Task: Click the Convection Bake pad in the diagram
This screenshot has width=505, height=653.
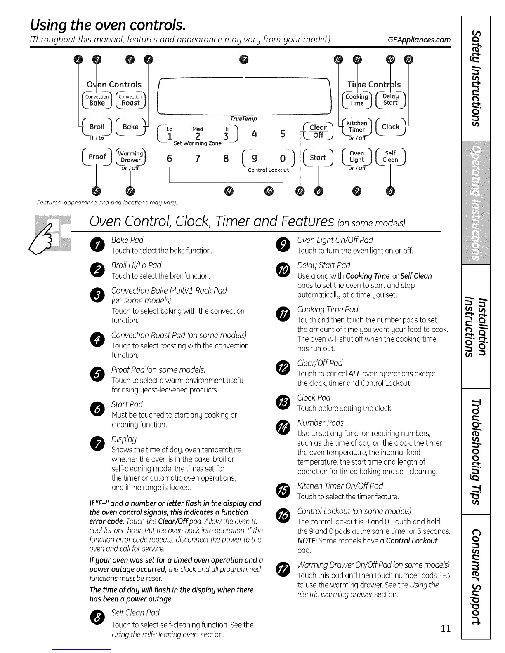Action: tap(97, 100)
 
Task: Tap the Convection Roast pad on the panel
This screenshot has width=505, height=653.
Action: tap(131, 100)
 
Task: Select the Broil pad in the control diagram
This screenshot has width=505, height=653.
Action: tap(97, 127)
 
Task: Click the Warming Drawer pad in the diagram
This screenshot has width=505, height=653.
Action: tap(131, 157)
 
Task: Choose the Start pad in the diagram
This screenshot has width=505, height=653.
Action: tap(318, 157)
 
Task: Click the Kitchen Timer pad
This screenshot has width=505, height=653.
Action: tap(357, 127)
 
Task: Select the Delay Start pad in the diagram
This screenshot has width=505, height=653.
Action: tap(390, 100)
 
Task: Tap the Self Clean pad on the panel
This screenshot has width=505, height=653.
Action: tap(390, 157)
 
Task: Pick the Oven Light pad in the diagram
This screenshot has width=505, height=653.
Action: tap(357, 157)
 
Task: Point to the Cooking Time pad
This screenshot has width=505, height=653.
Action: tap(357, 100)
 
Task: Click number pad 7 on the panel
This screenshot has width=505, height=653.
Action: tap(198, 158)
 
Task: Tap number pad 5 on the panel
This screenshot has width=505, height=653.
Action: tap(283, 134)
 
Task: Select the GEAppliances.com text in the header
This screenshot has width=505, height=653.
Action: tap(419, 40)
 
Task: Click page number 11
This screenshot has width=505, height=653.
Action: tap(445, 629)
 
